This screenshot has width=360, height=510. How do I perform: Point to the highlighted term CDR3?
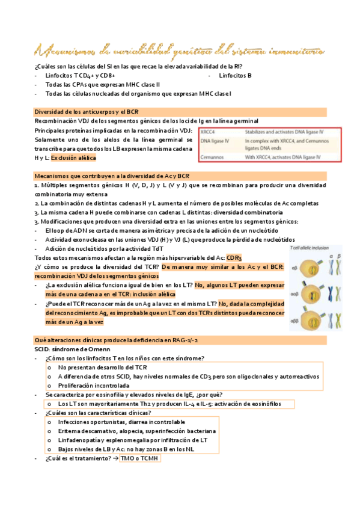pyautogui.click(x=234, y=257)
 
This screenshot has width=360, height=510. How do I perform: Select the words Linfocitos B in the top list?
pyautogui.click(x=235, y=76)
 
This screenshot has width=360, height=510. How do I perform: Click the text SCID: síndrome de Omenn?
pyautogui.click(x=71, y=349)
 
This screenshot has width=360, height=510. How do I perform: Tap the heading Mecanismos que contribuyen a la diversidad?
pyautogui.click(x=103, y=176)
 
